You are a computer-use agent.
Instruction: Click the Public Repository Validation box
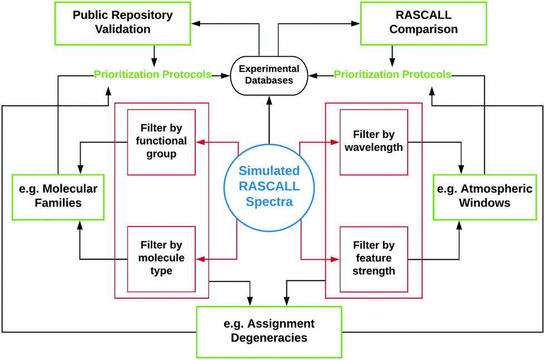[x=123, y=23]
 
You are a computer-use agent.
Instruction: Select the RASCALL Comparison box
[x=423, y=23]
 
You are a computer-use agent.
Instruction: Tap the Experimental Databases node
[x=269, y=75]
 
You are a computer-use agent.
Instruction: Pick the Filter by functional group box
[x=161, y=142]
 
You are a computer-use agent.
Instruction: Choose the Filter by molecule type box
[x=161, y=259]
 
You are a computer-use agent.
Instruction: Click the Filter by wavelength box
[x=374, y=142]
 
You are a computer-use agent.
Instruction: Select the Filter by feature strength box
[x=374, y=259]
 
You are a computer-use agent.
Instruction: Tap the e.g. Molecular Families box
[x=58, y=197]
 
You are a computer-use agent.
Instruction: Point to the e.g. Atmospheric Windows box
[x=484, y=197]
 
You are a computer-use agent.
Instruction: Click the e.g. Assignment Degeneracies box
[x=269, y=332]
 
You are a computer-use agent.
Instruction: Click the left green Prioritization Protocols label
[x=152, y=75]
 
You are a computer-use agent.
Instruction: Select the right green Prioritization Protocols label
[x=393, y=75]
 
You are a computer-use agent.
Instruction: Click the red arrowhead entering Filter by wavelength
[x=335, y=142]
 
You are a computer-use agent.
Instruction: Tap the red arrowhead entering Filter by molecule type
[x=201, y=259]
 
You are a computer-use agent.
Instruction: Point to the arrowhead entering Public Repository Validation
[x=196, y=23]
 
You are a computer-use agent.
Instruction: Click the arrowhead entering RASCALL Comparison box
[x=355, y=23]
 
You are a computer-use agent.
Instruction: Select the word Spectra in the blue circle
[x=269, y=202]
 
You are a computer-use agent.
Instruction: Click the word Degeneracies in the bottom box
[x=269, y=338]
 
